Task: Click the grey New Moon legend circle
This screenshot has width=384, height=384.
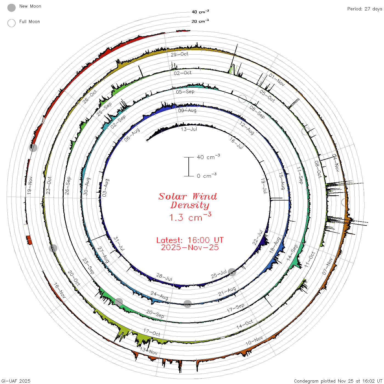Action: click(11, 8)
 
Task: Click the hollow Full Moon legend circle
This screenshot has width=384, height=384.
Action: click(11, 23)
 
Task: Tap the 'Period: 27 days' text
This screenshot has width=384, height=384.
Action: click(365, 9)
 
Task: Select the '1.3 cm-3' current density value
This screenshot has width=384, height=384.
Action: click(190, 217)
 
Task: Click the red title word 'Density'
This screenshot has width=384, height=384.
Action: click(190, 205)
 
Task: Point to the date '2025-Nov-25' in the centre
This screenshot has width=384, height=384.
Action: click(190, 247)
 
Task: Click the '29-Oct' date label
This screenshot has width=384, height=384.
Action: click(179, 54)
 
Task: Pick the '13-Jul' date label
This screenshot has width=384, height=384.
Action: click(189, 129)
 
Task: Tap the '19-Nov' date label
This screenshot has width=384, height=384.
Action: click(30, 185)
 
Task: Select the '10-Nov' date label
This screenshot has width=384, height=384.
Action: click(254, 341)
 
